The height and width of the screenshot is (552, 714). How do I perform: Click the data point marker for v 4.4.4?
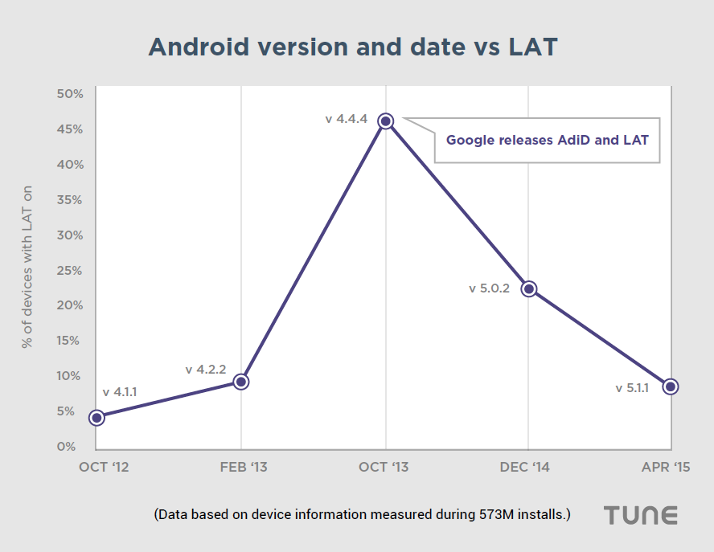point(386,121)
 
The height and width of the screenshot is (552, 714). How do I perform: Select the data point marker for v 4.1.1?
point(96,417)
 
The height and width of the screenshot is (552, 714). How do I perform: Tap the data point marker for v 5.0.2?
point(528,288)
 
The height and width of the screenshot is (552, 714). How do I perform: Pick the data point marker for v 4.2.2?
point(241,382)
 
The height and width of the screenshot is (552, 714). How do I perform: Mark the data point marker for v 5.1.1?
point(671,386)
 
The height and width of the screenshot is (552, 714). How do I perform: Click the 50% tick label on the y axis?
point(70,94)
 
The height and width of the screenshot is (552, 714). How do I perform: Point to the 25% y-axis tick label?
point(70,270)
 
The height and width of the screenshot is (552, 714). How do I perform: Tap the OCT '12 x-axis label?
point(104,467)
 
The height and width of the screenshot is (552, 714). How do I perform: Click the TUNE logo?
point(641,515)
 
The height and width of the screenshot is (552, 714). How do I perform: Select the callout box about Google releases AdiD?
point(547,140)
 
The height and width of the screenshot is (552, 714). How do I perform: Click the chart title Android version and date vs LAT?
point(353,47)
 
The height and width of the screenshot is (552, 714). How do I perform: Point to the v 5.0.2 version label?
point(490,288)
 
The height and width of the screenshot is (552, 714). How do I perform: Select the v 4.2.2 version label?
point(206,370)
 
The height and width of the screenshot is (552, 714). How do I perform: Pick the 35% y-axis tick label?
point(70,200)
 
